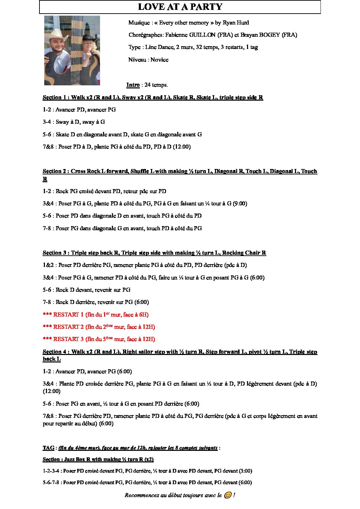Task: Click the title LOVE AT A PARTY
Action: [180, 7]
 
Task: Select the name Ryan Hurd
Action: [235, 23]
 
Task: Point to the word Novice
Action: [159, 60]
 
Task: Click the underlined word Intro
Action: [133, 85]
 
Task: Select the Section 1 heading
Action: [153, 98]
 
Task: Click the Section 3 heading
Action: [154, 253]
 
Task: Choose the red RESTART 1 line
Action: [96, 315]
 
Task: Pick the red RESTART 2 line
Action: [99, 327]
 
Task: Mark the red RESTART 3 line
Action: [99, 339]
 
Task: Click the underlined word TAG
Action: [48, 448]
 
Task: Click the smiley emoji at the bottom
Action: [228, 495]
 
